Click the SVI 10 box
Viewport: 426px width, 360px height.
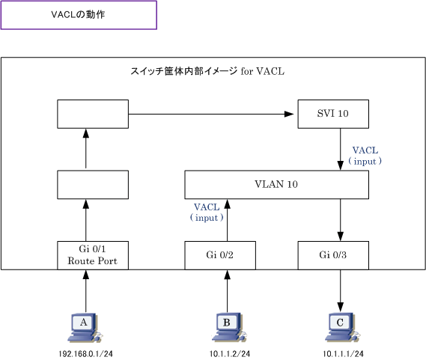[333, 114]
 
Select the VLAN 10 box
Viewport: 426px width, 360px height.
[276, 184]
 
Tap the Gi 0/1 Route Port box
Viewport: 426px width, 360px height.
[93, 255]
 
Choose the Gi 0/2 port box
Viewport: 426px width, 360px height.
[220, 255]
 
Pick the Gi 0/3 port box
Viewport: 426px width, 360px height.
[333, 255]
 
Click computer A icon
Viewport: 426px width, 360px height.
[85, 327]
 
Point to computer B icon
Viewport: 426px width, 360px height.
[229, 327]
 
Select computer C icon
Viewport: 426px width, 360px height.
[342, 327]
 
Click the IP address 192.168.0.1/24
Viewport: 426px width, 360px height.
[85, 354]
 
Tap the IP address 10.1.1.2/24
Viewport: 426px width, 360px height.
[230, 354]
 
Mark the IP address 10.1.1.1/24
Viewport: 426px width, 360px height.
[343, 354]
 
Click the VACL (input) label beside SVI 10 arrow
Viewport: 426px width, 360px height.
[365, 156]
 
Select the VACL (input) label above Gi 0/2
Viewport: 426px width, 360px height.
[207, 213]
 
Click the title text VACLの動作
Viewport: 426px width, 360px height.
[78, 14]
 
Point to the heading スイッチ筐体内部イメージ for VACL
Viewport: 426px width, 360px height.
[207, 71]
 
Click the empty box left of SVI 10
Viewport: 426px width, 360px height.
[93, 114]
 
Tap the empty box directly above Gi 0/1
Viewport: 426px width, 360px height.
[93, 184]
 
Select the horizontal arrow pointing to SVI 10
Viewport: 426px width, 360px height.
[211, 114]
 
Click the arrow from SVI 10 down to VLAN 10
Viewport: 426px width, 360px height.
[340, 150]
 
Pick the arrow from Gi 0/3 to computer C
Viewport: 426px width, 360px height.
[340, 290]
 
